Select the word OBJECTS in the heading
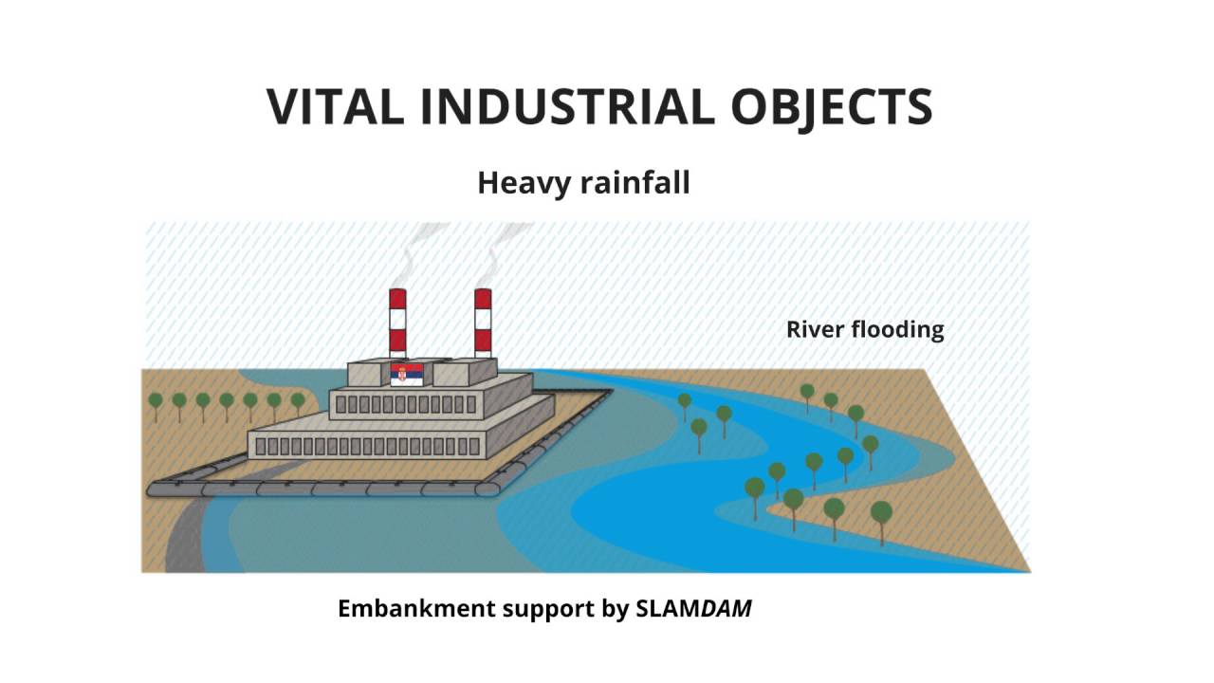(x=832, y=106)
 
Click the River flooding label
(x=865, y=330)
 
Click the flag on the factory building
(x=407, y=374)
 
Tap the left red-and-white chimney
(x=397, y=323)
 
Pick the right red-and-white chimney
(x=483, y=323)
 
